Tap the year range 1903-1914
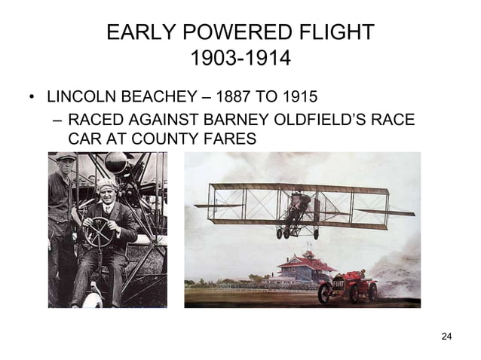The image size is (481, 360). [240, 58]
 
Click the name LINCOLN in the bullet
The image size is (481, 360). [78, 98]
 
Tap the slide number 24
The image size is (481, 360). [446, 335]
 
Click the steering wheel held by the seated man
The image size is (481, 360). [99, 232]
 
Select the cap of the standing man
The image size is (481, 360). [66, 157]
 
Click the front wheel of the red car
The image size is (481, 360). [325, 293]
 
